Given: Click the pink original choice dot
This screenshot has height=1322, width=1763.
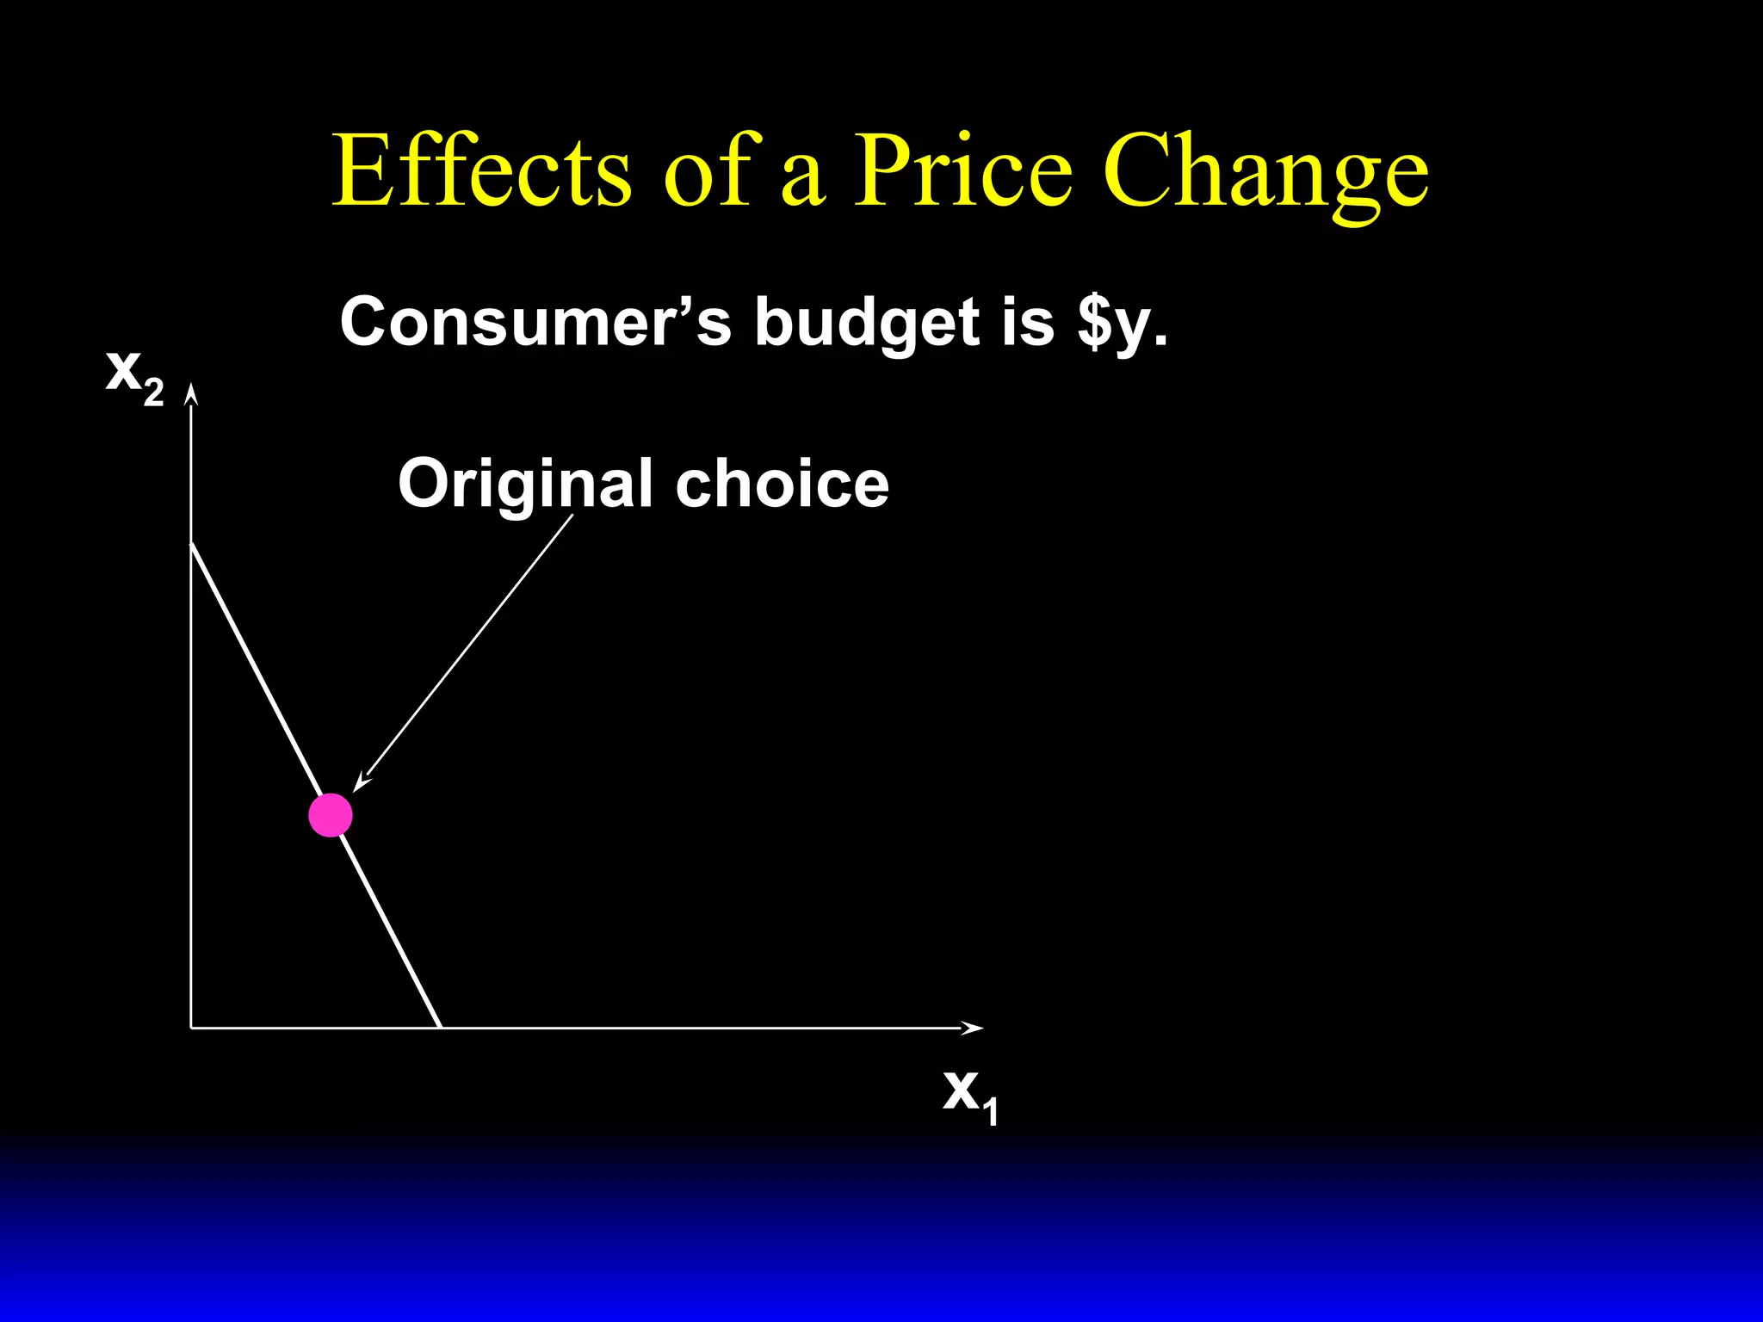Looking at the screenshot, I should click(x=331, y=815).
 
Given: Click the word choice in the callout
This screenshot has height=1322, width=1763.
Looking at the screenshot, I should click(x=782, y=484).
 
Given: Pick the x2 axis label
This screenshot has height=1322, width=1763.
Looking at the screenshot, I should click(x=133, y=374).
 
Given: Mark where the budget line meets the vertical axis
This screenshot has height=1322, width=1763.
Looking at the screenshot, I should click(x=191, y=544).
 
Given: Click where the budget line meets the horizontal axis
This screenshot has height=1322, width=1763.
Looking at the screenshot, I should click(x=441, y=1027).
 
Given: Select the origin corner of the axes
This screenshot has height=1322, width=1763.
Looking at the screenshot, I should click(x=191, y=1027).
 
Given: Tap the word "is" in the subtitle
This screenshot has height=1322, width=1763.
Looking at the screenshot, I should click(x=1028, y=322).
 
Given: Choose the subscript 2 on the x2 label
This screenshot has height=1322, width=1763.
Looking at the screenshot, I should click(x=153, y=392).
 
